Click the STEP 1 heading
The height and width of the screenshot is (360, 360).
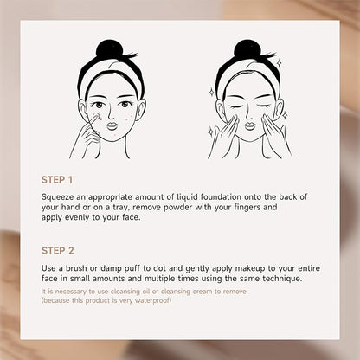click(57, 180)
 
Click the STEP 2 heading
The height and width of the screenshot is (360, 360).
click(58, 250)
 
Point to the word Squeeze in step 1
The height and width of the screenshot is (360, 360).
click(58, 197)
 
